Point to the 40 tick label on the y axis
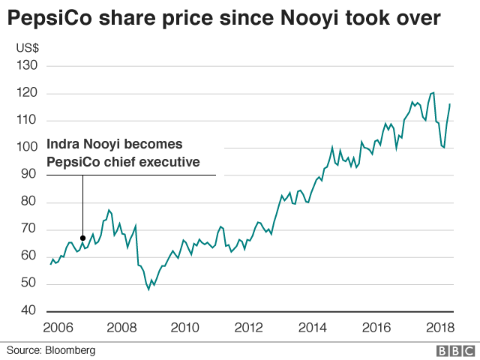click(x=28, y=310)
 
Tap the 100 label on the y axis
click(x=25, y=148)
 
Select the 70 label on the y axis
click(x=28, y=229)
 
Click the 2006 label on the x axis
click(x=57, y=327)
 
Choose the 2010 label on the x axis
click(x=185, y=327)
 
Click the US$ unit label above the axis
click(x=28, y=48)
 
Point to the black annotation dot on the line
click(x=82, y=238)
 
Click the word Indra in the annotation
click(x=65, y=144)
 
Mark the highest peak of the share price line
click(x=433, y=92)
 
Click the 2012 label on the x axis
click(x=249, y=327)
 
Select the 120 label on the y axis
click(x=25, y=93)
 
